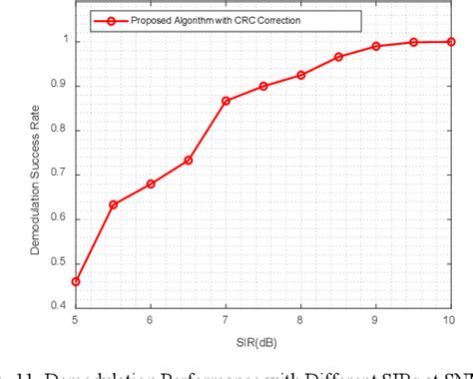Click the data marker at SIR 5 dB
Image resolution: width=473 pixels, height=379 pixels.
point(76,281)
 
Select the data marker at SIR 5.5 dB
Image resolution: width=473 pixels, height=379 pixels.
point(113,204)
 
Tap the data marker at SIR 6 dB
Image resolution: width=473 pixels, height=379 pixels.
point(151,184)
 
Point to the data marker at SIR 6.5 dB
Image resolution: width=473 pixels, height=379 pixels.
point(188,160)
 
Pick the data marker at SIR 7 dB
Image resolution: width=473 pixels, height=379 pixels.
point(226,101)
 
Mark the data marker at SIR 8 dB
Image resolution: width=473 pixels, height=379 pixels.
point(300,75)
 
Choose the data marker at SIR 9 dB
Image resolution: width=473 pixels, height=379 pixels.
point(376,46)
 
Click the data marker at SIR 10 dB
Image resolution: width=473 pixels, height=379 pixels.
point(451,42)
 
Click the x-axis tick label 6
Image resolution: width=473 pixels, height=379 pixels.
point(151,319)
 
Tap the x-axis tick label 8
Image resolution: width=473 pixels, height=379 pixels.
point(300,319)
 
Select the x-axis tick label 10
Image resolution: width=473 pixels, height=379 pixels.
point(449,319)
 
